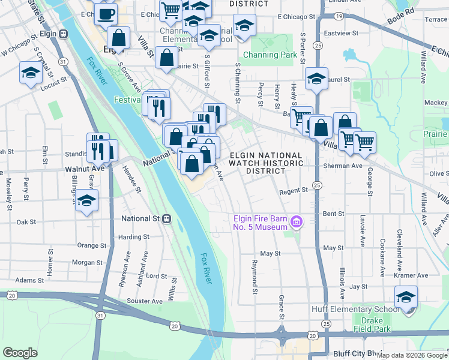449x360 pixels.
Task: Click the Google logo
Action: click(20, 352)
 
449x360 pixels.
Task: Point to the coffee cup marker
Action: click(106, 13)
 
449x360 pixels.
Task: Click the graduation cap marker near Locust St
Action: click(31, 74)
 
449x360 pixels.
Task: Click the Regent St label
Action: click(294, 191)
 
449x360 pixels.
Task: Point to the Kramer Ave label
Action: click(413, 275)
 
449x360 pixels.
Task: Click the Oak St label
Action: click(26, 222)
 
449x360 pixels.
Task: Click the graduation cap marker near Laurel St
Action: click(316, 79)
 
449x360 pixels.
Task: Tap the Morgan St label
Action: click(88, 263)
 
